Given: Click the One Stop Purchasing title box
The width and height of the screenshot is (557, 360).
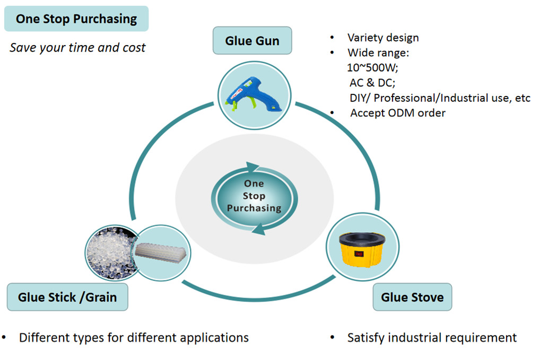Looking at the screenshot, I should [76, 19].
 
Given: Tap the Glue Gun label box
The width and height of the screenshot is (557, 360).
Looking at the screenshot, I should [252, 41].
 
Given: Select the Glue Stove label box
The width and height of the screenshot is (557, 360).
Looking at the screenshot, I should [412, 297].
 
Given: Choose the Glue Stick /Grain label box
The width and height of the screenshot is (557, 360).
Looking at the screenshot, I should [67, 297].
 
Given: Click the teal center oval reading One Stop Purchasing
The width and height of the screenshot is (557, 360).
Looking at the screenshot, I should [254, 196].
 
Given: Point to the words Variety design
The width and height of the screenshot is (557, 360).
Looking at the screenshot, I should [383, 38].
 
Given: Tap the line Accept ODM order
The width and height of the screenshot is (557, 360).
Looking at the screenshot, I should [398, 113].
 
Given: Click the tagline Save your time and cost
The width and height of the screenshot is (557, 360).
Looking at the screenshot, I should [77, 47].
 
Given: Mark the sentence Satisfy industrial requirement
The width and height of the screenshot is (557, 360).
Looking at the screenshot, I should [432, 338].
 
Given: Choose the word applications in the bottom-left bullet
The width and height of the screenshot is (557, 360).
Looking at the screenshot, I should [215, 338].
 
